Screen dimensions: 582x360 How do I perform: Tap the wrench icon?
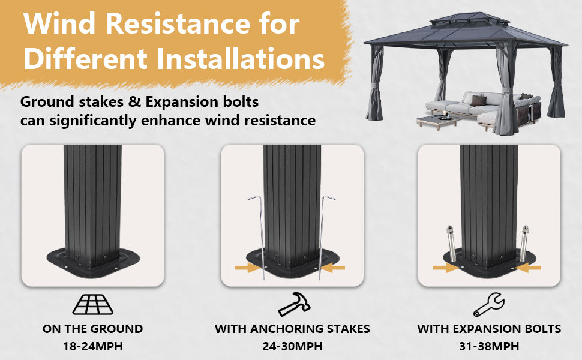click(x=489, y=304)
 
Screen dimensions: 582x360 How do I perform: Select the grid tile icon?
click(x=93, y=304)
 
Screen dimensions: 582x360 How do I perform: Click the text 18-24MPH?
click(x=93, y=346)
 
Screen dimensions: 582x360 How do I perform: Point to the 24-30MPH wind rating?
click(x=292, y=346)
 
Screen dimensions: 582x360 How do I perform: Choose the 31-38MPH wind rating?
click(x=489, y=346)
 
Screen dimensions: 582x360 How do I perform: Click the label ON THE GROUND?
click(x=93, y=329)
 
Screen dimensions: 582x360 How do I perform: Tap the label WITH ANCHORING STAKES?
click(x=292, y=329)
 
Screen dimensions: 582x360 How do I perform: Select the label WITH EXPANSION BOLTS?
click(x=489, y=329)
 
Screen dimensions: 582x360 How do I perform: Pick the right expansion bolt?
click(x=524, y=243)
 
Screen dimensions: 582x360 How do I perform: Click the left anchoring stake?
click(x=260, y=238)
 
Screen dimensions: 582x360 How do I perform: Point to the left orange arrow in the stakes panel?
click(x=246, y=267)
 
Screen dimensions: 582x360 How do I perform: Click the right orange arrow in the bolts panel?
click(x=529, y=267)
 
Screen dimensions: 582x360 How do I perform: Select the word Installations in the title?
click(x=241, y=59)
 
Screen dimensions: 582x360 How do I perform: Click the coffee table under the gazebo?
click(x=438, y=121)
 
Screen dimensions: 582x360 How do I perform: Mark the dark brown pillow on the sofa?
click(x=478, y=100)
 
